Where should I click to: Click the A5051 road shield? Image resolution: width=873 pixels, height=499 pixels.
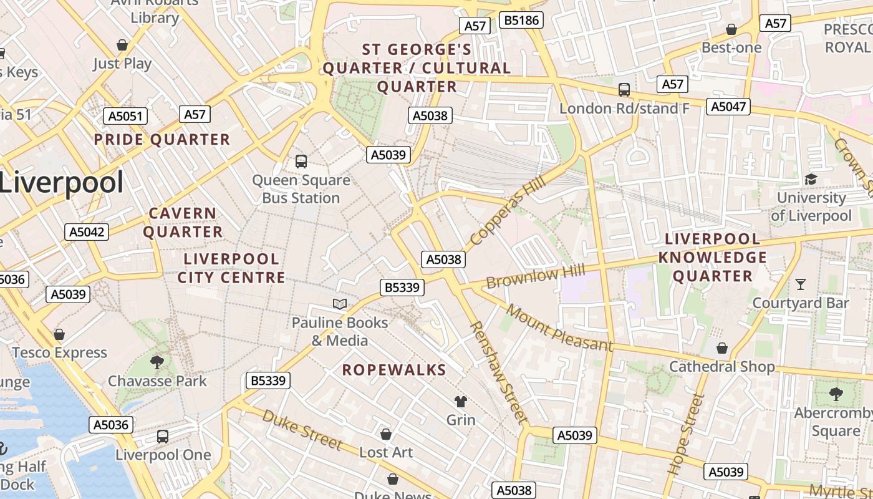pyautogui.click(x=125, y=116)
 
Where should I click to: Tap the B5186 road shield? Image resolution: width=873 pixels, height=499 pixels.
pyautogui.click(x=521, y=21)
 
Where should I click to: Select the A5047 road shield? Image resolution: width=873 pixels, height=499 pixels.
pyautogui.click(x=728, y=107)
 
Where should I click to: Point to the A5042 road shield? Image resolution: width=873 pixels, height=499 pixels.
pyautogui.click(x=87, y=232)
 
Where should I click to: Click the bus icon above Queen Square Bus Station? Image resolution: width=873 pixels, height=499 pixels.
pyautogui.click(x=301, y=162)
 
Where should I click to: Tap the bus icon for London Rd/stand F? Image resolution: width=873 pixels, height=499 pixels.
pyautogui.click(x=624, y=90)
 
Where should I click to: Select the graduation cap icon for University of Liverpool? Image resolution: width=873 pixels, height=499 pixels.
pyautogui.click(x=811, y=180)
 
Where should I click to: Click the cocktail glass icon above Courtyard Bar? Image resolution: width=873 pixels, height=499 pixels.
pyautogui.click(x=801, y=284)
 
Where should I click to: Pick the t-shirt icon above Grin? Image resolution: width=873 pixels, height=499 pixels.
pyautogui.click(x=461, y=401)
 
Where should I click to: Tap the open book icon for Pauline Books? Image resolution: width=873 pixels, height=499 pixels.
pyautogui.click(x=340, y=304)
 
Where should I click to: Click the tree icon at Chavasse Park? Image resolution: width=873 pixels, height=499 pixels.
pyautogui.click(x=157, y=362)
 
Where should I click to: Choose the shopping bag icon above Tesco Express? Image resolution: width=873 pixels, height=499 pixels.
pyautogui.click(x=59, y=334)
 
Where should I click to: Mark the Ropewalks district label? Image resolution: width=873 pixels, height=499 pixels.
pyautogui.click(x=394, y=370)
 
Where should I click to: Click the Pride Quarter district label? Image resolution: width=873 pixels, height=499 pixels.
pyautogui.click(x=162, y=139)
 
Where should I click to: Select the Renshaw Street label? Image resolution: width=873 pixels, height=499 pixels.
pyautogui.click(x=499, y=372)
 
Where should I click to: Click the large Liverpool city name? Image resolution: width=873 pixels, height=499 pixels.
pyautogui.click(x=61, y=183)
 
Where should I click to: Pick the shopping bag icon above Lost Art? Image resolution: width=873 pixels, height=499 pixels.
pyautogui.click(x=386, y=434)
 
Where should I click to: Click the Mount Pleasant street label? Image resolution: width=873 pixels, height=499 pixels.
pyautogui.click(x=559, y=328)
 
